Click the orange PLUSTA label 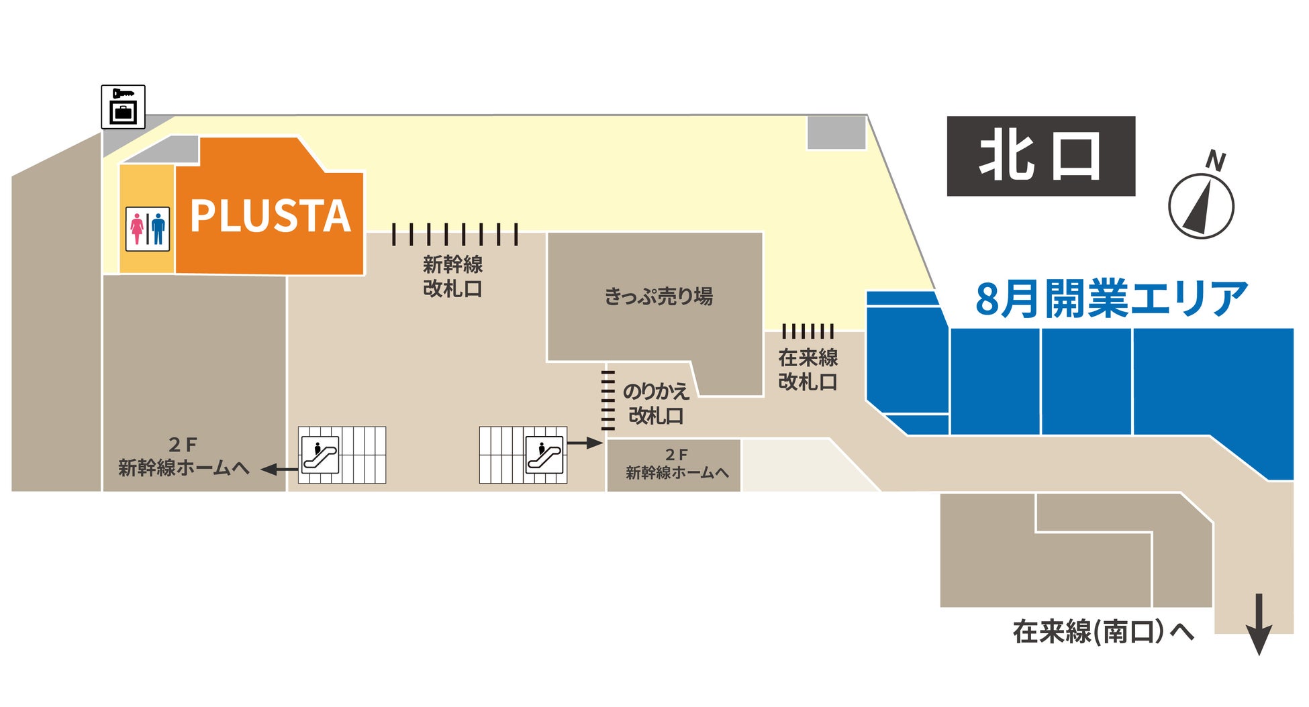[270, 216]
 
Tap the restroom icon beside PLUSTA [148, 229]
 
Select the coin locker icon [123, 107]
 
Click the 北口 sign [1040, 156]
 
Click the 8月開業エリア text [1111, 299]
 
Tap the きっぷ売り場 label [659, 296]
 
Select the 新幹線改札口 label [453, 276]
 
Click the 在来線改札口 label [808, 370]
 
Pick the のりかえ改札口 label [656, 403]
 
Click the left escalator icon [320, 455]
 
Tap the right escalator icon [544, 455]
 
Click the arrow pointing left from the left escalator [279, 470]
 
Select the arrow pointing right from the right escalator [585, 443]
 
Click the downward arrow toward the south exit [1259, 624]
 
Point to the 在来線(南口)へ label [1103, 632]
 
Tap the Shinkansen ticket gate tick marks [454, 234]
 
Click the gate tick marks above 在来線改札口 [808, 331]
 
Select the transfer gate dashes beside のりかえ [608, 400]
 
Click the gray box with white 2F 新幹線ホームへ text [674, 465]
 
